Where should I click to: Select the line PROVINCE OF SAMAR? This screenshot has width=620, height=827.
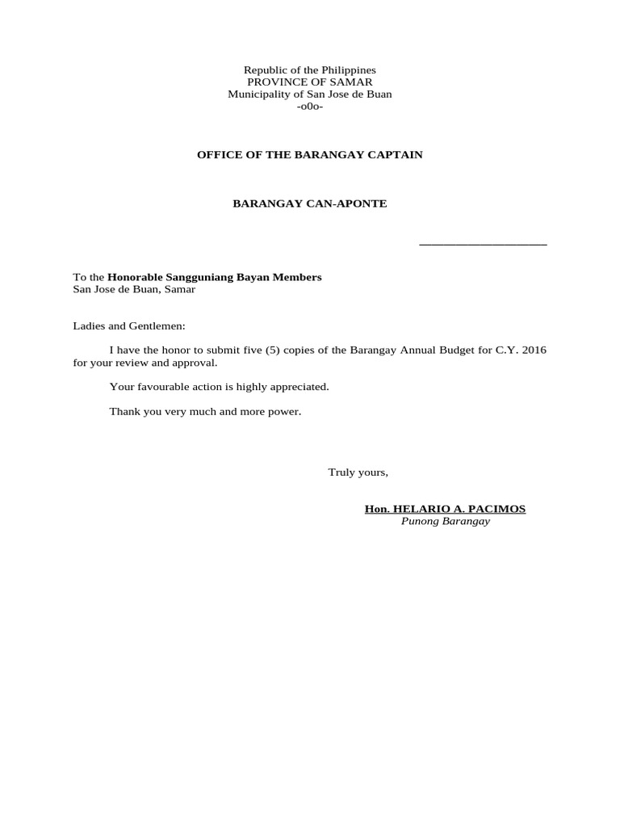(x=310, y=82)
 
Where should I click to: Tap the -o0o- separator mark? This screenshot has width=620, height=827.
(x=310, y=107)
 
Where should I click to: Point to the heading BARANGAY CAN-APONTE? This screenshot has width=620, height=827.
(x=310, y=204)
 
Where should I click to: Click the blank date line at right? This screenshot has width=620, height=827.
(x=483, y=243)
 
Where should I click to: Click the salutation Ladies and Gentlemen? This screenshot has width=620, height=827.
(x=129, y=326)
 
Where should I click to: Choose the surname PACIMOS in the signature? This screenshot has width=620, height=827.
(x=496, y=509)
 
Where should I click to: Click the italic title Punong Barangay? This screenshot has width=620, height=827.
(x=446, y=522)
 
